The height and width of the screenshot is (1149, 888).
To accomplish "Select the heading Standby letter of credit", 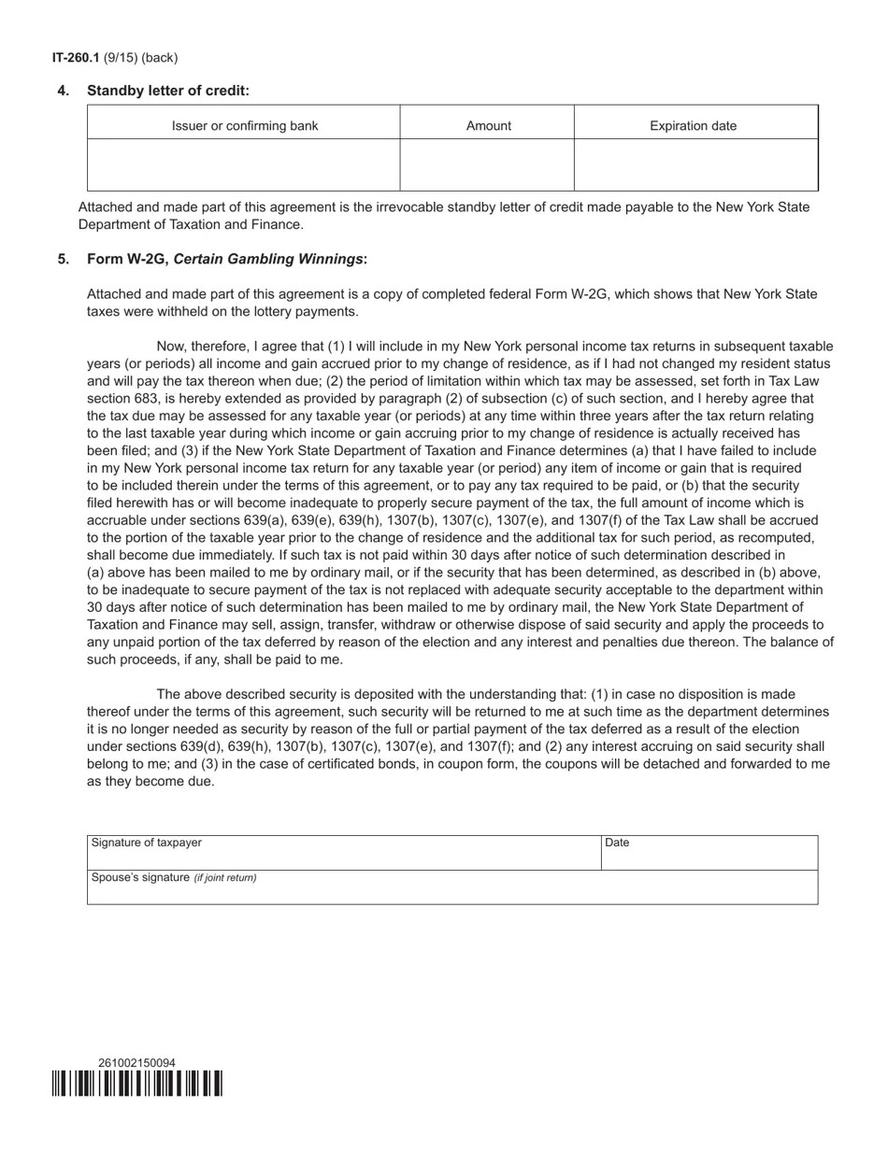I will coord(168,91).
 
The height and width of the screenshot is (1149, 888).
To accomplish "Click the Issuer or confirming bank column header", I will coord(244,126).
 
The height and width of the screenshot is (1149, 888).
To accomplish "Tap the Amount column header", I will coord(488,126).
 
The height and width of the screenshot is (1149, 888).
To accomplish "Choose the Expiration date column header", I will coord(693,126).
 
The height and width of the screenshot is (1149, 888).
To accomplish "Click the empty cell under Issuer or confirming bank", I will coord(244,165).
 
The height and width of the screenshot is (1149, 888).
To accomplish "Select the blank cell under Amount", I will coord(487,165).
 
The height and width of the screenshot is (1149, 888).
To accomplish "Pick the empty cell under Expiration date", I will coord(695,165).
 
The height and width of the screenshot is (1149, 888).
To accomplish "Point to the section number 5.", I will coord(64,259).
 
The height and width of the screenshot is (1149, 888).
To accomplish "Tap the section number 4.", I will coord(64,91).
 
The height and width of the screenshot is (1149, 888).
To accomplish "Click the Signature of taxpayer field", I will coord(344,854).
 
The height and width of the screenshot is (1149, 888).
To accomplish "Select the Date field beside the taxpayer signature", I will coord(709,854).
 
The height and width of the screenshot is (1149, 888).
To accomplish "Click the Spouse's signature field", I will coord(452,888).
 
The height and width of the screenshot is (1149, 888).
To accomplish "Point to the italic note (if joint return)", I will coord(225,878).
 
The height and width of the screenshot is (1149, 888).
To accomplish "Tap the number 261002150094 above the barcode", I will coord(136,1063).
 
